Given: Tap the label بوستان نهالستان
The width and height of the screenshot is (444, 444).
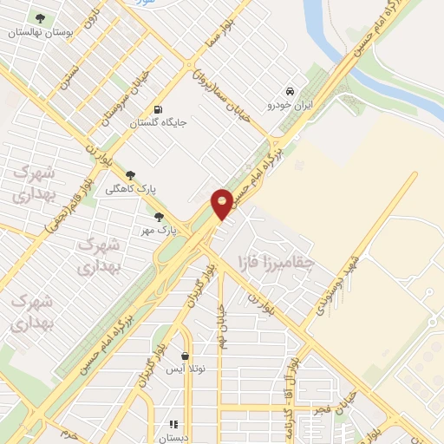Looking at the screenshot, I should tap(37, 32).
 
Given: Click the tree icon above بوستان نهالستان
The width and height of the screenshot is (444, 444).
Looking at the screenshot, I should tap(38, 18).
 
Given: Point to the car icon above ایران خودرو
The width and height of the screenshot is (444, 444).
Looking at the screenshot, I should tap(290, 92).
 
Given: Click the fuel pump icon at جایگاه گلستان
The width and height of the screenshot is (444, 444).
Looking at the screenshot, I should tap(157, 109).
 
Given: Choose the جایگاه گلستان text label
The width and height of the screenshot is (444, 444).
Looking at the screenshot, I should tap(158, 123).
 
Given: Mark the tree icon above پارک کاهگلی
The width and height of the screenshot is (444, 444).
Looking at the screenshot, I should tap(130, 175).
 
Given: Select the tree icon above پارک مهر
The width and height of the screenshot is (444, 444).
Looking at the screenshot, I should tap(159, 217).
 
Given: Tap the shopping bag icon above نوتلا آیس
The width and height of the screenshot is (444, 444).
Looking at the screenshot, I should tap(186, 356).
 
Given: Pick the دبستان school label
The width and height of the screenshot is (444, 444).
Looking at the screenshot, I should tap(173, 437).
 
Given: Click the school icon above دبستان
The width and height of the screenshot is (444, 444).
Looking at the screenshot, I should tap(173, 424).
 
